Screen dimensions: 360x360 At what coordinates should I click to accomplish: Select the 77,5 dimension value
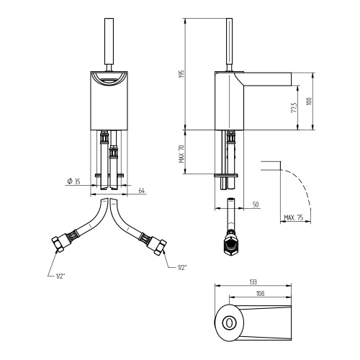(294, 107)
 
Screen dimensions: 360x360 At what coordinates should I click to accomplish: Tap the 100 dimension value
(310, 102)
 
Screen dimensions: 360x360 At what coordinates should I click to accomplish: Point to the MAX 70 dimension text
(181, 153)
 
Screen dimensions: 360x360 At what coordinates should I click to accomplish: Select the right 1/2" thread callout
(182, 268)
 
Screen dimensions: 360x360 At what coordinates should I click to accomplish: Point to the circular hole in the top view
(230, 322)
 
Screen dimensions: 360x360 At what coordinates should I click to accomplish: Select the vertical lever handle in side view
(230, 36)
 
